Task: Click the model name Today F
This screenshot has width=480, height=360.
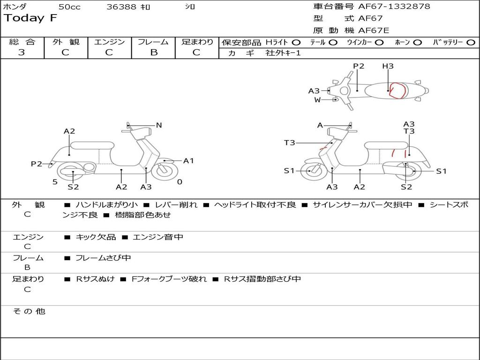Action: coord(30,18)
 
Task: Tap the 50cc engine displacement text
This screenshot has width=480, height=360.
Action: coord(69,7)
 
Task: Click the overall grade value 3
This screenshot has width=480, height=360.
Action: coord(22,52)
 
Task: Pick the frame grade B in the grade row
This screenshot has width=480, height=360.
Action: coord(153,52)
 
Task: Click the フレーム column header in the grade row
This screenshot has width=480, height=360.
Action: coord(153,42)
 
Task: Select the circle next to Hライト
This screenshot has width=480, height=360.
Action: coord(296,43)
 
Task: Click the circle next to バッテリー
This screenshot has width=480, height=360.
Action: coord(470,43)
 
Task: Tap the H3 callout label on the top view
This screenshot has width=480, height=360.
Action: coord(388,66)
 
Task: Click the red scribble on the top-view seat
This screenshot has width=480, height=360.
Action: coord(397,90)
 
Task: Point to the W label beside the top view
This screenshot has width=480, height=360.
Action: coord(317,100)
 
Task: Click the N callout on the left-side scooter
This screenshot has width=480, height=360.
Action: coord(159,125)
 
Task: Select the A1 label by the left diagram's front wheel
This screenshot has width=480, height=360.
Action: coord(188,161)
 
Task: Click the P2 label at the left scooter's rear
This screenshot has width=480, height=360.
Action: coord(36,164)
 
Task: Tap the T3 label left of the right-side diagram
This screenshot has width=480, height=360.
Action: coord(289,142)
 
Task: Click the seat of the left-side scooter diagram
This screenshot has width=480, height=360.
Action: coord(92,145)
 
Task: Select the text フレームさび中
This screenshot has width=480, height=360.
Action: coord(103,258)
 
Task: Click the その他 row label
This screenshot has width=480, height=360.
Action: coord(29,311)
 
